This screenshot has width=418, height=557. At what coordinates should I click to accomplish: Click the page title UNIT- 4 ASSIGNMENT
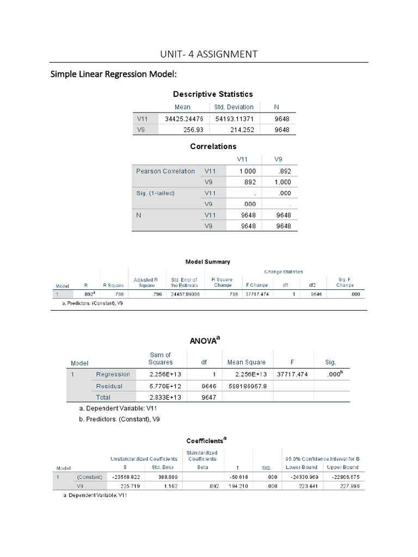(x=208, y=54)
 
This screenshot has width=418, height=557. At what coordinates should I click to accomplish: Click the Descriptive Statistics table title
(x=213, y=94)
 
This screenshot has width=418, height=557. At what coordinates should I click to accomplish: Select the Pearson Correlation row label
(x=165, y=171)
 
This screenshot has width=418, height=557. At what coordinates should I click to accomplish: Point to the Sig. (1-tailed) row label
(x=155, y=193)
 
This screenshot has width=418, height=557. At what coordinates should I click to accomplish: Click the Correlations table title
(x=213, y=146)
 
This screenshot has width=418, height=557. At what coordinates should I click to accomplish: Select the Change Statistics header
(x=284, y=271)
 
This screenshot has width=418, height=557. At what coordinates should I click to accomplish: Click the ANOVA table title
(x=205, y=341)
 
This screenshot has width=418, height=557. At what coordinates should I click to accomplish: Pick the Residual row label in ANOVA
(x=109, y=386)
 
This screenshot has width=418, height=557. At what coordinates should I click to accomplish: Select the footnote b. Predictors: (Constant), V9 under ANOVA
(x=120, y=419)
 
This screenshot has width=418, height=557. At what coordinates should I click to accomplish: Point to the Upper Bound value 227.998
(x=343, y=486)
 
